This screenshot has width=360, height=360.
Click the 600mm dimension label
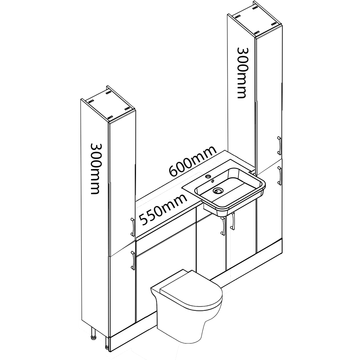pos(193,161)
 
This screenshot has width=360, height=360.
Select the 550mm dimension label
pos(163,209)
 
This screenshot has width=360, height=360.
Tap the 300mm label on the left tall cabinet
pos(95,169)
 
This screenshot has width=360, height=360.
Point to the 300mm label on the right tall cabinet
pos(242,73)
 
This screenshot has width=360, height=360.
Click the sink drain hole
pos(217,190)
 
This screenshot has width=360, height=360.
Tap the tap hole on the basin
pos(208,176)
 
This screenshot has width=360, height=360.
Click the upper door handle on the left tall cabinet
pos(133,227)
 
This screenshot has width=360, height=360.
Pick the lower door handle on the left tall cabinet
pos(133,261)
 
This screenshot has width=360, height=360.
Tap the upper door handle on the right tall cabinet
pos(279,146)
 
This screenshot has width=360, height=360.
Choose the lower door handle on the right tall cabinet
pos(279,176)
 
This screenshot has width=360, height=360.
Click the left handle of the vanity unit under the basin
pos(223,226)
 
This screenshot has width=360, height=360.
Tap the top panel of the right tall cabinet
pos(255,19)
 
